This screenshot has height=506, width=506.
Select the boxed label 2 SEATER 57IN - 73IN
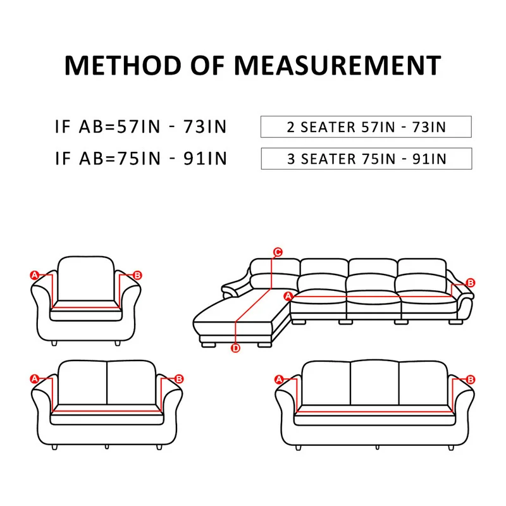366,127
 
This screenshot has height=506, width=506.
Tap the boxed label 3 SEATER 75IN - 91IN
366,159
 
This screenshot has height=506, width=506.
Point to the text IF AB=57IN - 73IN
140,127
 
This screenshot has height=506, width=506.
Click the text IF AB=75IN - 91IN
140,159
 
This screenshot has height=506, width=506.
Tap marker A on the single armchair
34,275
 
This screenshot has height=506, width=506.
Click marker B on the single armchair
138,275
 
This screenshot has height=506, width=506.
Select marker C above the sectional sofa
277,252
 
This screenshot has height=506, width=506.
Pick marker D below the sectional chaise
235,348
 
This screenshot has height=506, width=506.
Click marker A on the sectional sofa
288,296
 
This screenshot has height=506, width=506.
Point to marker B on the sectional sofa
470,283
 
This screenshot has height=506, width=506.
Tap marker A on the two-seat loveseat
34,379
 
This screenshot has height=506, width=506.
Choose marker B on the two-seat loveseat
179,379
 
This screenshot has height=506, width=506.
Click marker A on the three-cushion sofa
279,379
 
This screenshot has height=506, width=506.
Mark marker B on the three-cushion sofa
470,379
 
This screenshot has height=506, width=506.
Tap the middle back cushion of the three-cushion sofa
374,383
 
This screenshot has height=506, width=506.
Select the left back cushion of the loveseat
82,381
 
